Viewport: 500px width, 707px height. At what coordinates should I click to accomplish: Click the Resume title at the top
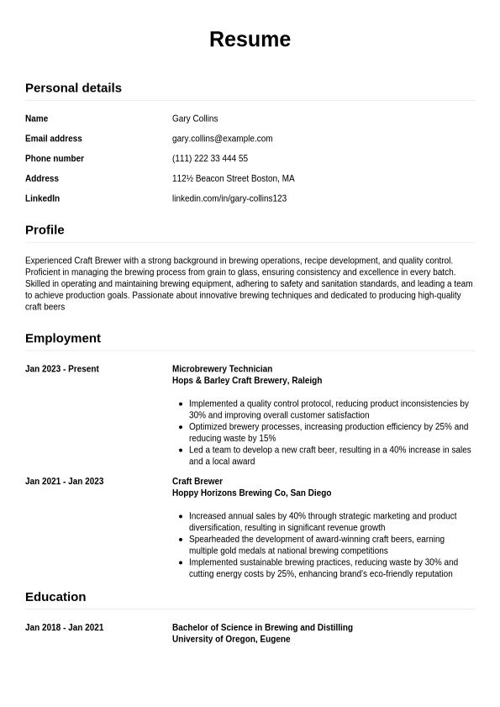point(250,40)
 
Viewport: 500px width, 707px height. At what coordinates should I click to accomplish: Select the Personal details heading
point(73,87)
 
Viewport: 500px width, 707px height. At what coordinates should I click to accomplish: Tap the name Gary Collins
point(195,119)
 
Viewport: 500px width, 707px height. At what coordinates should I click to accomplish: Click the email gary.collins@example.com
point(222,139)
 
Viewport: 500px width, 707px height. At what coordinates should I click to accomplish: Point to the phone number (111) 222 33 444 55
point(210,159)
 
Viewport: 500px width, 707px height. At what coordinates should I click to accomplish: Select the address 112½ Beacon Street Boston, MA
point(233,178)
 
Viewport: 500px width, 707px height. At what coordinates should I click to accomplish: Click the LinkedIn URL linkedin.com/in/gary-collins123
point(229,198)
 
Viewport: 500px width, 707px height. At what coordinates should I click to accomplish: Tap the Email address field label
point(54,139)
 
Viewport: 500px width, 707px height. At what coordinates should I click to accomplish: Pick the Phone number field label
point(55,159)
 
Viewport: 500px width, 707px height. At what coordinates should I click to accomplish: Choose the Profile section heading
point(45,230)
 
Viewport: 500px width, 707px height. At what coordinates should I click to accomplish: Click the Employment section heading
point(63,338)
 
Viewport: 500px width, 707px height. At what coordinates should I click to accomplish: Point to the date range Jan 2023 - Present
point(62,369)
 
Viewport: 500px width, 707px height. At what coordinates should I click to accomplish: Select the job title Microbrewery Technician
point(222,369)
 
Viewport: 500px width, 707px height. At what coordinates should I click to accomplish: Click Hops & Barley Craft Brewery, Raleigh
point(247,381)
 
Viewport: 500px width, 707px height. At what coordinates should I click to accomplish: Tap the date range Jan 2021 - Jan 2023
point(64,482)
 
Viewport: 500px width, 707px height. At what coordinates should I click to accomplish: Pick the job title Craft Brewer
point(197,482)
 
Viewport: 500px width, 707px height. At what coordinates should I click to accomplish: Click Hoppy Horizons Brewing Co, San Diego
point(251,493)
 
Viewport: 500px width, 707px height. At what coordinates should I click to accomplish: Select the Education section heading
point(55,597)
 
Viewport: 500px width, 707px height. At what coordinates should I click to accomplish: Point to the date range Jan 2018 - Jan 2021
point(64,628)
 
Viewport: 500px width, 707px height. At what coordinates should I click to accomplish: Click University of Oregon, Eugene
point(231,640)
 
